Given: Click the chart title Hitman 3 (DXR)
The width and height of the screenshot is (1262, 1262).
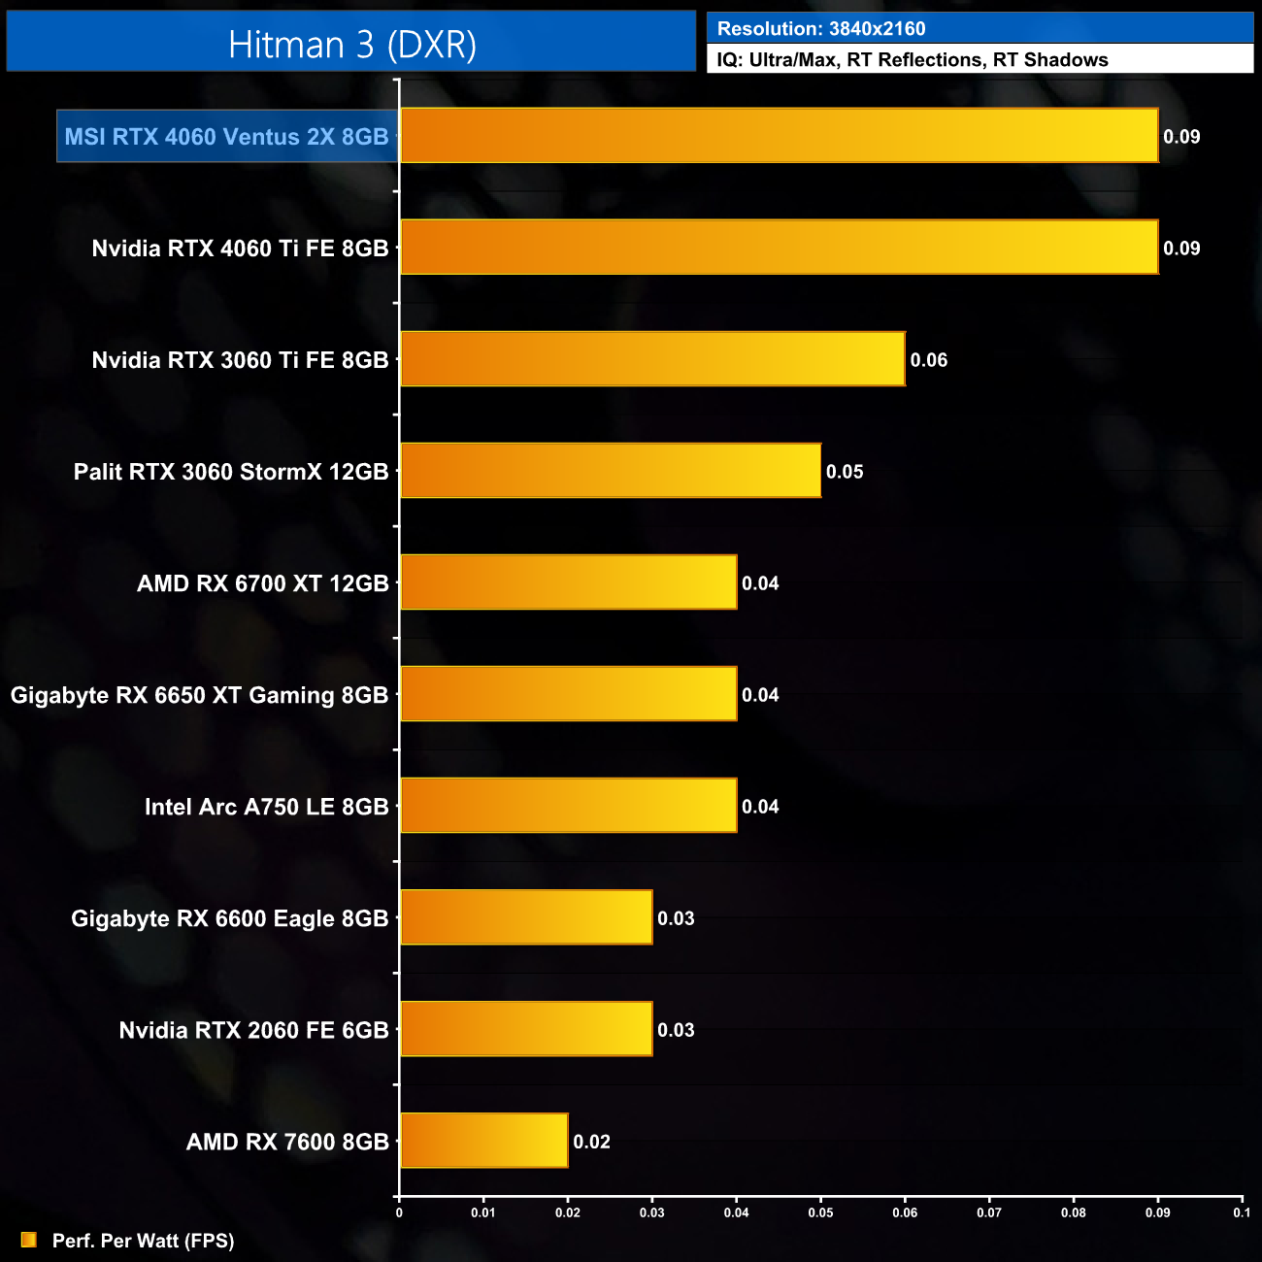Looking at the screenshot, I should point(352,45).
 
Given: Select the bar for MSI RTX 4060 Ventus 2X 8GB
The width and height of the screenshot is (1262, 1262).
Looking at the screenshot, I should point(779,136).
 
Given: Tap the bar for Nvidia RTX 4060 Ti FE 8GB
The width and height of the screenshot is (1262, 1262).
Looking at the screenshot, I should point(779,248).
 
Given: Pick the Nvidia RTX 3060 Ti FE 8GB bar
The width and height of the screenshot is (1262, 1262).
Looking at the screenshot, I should point(652,359).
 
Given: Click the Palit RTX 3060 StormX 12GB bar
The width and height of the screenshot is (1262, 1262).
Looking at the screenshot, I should point(611,471).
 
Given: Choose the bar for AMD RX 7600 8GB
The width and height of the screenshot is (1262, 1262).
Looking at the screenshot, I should point(484,1141).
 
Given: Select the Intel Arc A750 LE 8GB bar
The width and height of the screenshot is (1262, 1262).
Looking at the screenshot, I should point(569,806).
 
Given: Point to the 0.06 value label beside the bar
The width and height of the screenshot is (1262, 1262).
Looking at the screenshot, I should point(928,360).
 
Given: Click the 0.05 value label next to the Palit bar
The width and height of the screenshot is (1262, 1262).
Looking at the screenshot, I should point(845,472).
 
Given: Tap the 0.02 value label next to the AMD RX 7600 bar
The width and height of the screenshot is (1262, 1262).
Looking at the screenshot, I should point(591,1142).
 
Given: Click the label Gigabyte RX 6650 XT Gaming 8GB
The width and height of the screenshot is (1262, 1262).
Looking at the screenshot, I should point(199,695).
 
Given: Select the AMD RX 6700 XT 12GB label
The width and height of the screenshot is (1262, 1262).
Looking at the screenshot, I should point(262,583).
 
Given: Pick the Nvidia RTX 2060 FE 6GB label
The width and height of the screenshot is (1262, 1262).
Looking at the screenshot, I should point(253,1030).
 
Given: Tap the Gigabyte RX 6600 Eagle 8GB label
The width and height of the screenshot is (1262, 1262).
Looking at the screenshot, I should point(229,918).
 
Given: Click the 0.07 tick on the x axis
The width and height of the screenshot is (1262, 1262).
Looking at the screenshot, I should point(989,1212).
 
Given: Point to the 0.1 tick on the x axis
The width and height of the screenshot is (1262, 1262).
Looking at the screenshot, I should point(1241,1212).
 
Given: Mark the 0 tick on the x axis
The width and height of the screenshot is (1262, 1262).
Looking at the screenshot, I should point(399,1212).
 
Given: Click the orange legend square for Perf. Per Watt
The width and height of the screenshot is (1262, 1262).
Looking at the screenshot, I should point(28,1240).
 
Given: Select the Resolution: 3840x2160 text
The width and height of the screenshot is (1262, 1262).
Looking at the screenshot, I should point(821,29).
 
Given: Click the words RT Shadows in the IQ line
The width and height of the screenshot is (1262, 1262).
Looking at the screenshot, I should point(1050,60).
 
